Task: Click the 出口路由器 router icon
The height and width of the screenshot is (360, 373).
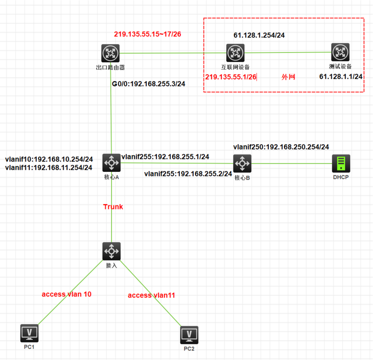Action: click(111, 53)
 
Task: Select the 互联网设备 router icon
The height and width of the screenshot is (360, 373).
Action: click(235, 53)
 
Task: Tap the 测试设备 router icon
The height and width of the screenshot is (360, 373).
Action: click(340, 52)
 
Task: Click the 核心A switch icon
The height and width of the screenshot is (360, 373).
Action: click(112, 163)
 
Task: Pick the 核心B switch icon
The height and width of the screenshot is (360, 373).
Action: click(242, 163)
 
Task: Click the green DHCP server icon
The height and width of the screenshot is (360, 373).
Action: click(341, 163)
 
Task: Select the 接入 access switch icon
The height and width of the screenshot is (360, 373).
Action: click(112, 251)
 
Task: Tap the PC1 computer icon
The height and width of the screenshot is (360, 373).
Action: click(29, 333)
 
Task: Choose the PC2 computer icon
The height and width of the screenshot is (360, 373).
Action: click(189, 335)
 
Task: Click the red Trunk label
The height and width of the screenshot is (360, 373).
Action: click(113, 207)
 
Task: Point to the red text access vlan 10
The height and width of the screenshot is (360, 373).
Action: click(67, 294)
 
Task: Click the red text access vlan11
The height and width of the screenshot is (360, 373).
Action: click(152, 295)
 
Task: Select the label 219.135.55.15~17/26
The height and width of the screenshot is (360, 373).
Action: click(147, 34)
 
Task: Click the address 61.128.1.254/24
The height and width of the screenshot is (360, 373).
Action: click(259, 35)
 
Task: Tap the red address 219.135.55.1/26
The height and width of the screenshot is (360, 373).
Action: click(231, 77)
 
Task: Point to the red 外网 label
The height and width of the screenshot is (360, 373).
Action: click(288, 77)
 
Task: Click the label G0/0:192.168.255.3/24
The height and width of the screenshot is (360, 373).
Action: click(149, 84)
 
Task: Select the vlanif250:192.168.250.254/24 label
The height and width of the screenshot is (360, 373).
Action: click(281, 147)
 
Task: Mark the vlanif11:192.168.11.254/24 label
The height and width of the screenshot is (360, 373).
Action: click(49, 168)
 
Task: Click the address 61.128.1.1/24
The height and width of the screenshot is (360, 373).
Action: click(341, 76)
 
